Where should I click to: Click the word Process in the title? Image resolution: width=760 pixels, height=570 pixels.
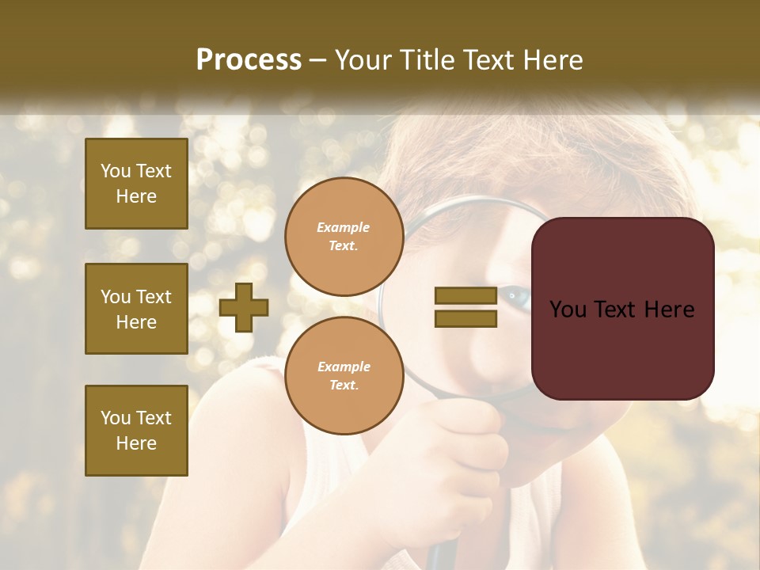pos(249,60)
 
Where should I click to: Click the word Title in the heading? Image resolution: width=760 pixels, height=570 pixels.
pos(428,60)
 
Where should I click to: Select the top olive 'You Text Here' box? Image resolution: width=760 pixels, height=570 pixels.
pos(136,184)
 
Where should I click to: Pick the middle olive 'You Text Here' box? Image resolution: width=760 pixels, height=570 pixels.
pos(136,309)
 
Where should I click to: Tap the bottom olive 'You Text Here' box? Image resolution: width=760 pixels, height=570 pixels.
pos(136,431)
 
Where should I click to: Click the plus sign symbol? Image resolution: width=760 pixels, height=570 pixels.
pos(244,307)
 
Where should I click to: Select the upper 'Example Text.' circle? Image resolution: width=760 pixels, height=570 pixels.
pos(344,237)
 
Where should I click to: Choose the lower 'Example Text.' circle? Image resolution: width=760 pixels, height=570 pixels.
pos(344,375)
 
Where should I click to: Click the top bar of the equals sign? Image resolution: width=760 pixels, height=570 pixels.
pos(465,296)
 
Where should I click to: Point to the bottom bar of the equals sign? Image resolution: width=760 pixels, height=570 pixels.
pos(465,318)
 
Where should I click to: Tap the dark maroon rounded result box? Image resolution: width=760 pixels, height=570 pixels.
pos(622,309)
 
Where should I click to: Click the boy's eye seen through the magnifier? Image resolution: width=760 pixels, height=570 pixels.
pos(517,298)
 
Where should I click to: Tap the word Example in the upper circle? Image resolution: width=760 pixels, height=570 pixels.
pos(344,227)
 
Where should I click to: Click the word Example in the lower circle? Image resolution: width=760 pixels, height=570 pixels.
pos(344,367)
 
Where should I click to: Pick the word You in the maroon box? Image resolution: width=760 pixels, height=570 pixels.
pos(568,310)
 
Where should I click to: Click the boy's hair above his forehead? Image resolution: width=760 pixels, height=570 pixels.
pos(507,166)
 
